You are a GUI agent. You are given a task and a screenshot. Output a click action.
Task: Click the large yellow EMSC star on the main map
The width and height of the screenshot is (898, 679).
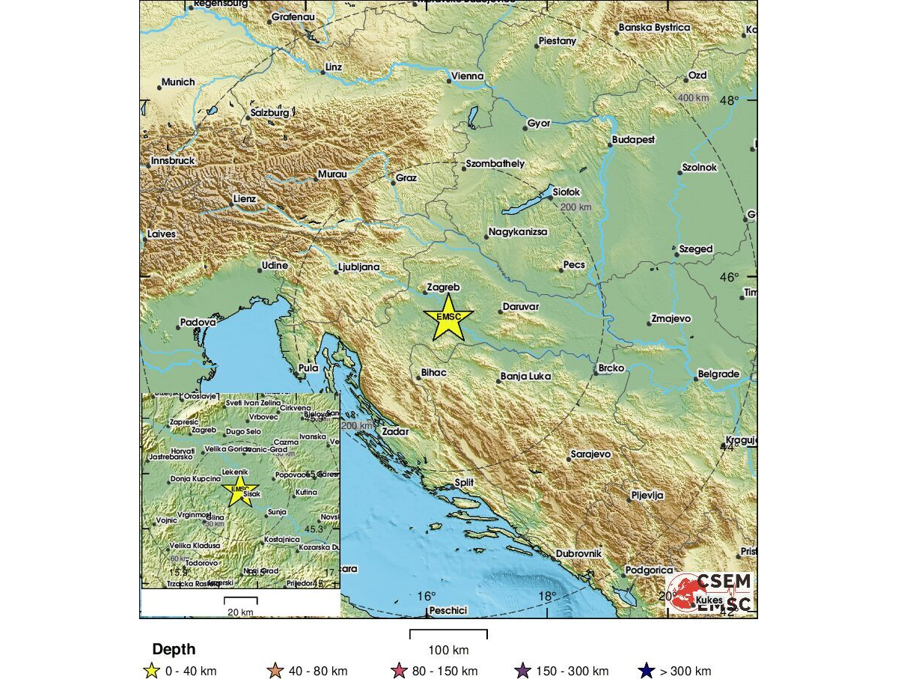pos(448,317)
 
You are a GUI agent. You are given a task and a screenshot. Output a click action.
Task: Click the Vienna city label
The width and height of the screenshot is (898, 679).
pos(467,76)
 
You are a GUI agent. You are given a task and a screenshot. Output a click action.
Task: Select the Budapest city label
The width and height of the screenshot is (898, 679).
pos(633,140)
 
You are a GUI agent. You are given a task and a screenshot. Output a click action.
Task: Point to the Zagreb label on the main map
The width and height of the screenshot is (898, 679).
pos(443,287)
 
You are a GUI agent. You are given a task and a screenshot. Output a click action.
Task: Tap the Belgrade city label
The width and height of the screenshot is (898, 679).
pos(718,374)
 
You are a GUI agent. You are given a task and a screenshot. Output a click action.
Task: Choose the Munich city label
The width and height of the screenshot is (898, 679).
pos(178,82)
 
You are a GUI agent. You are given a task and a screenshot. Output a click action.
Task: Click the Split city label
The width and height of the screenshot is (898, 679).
pos(465,484)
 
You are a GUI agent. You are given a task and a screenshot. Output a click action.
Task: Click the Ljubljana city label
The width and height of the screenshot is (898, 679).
pos(359,267)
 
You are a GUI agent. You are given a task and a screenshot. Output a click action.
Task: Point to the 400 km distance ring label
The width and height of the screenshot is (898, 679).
pos(693,98)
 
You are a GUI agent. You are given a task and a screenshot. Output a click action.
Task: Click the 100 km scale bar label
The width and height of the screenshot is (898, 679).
pos(448,649)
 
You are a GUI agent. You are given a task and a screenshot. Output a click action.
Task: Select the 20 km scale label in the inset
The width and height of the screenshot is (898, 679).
pos(241,612)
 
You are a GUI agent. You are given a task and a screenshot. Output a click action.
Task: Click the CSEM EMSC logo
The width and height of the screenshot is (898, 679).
pos(709,592)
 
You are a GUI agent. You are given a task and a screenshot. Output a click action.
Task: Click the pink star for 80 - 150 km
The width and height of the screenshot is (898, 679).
pos(399,672)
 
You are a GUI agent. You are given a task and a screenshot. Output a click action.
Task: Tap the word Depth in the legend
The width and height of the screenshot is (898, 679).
pos(174,649)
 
